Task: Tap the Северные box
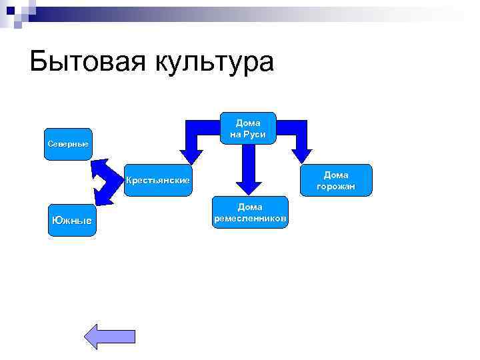68,144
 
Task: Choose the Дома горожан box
336,180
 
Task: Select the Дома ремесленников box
251,213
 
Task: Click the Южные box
72,219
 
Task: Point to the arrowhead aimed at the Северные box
100,166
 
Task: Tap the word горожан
336,186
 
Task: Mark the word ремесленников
251,219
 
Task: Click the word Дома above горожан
336,174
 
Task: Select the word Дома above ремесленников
251,207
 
